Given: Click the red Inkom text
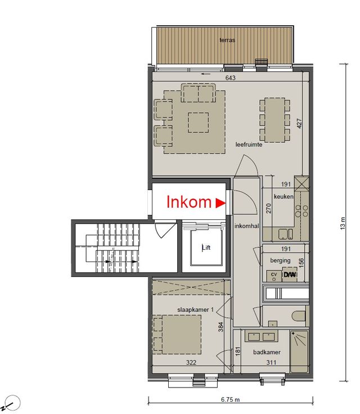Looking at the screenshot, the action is tap(189, 202).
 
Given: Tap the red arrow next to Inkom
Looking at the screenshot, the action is tap(220, 203).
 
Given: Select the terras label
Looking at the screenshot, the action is tap(227, 40).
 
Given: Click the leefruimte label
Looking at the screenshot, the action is tap(249, 145).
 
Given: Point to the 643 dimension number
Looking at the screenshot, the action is tap(230, 78).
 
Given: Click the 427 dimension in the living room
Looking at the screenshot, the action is tap(299, 123).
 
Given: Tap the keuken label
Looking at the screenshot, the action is tap(283, 196).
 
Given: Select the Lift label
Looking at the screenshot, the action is tap(206, 247).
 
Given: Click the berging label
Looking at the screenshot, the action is tap(280, 260).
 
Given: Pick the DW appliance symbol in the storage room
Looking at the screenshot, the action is tap(290, 274).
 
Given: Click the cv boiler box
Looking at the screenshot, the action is tap(274, 276).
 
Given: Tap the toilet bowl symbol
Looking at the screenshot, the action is tap(299, 316).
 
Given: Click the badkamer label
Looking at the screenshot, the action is tap(267, 352).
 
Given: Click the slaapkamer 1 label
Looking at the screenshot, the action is tap(195, 310).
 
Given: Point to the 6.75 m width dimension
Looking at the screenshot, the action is tap(230, 399).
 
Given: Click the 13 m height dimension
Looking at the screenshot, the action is tap(343, 223).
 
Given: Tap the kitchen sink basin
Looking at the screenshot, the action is tap(282, 235).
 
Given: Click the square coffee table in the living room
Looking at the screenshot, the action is tap(199, 123).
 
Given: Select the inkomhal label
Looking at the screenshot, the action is tap(247, 226).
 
